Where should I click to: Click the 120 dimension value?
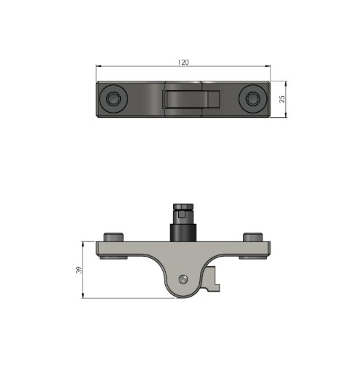pyautogui.click(x=183, y=63)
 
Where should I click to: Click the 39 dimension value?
pyautogui.click(x=79, y=270)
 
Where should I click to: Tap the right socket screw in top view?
pyautogui.click(x=253, y=98)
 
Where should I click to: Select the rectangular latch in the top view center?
pyautogui.click(x=191, y=99)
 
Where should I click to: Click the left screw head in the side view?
pyautogui.click(x=113, y=237)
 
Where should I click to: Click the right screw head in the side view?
pyautogui.click(x=252, y=237)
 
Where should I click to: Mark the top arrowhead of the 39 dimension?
pyautogui.click(x=84, y=245)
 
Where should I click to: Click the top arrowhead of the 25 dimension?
pyautogui.click(x=287, y=82)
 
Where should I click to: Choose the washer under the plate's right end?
pyautogui.click(x=252, y=257)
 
